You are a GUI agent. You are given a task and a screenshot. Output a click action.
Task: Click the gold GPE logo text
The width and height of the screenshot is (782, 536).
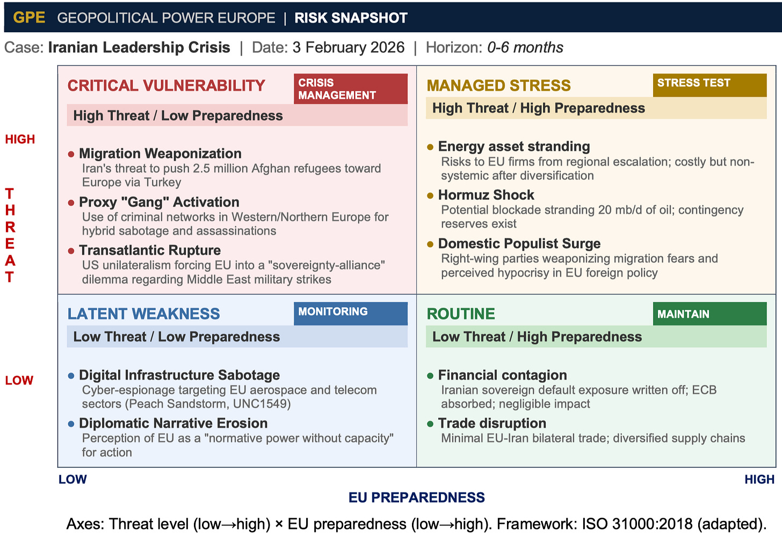coord(29,18)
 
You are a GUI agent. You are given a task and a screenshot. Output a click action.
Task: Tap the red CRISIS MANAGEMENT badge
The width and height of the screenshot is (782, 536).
coord(350,89)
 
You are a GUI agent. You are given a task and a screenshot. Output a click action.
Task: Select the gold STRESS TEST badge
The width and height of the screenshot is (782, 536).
coord(709,84)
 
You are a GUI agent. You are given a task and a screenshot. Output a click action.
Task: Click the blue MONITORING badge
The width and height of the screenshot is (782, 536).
coord(350,313)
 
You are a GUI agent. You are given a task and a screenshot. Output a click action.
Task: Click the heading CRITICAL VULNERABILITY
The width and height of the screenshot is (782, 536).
coord(166,85)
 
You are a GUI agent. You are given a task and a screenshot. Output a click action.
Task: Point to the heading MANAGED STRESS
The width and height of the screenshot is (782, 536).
coord(498,85)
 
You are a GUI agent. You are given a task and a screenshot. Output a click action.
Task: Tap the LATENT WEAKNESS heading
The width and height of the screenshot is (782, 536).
coord(144,314)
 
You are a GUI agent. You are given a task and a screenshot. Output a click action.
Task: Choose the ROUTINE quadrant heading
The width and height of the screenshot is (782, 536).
coord(461,314)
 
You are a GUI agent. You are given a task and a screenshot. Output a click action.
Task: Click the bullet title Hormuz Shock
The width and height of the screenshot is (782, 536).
coord(486,195)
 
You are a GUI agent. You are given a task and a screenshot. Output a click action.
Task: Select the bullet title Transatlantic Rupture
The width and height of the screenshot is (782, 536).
coord(150,250)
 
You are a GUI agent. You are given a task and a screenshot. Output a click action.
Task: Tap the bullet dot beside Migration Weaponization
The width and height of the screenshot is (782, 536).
coord(71,154)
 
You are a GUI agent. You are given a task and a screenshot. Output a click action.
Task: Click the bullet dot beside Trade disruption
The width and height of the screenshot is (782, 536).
coord(430,424)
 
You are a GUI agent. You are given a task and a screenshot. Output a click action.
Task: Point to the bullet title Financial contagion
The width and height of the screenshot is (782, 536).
coord(502,375)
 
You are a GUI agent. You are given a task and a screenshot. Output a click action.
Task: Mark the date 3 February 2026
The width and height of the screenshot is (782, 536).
coord(348,47)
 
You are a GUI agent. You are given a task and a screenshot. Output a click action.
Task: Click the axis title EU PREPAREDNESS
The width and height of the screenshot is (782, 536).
coord(416,497)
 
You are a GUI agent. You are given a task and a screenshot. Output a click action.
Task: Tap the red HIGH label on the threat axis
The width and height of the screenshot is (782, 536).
coord(20,139)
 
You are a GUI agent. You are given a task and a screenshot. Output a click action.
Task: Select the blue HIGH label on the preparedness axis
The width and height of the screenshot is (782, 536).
coord(759,479)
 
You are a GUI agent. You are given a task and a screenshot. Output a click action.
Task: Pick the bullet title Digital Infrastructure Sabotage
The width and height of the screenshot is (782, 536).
coord(179,375)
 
